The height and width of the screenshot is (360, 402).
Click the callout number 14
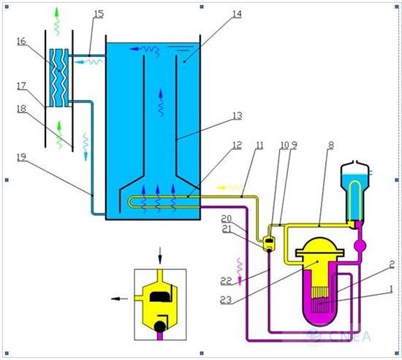[237, 15]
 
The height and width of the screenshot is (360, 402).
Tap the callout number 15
[99, 14]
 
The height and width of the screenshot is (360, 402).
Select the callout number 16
[21, 41]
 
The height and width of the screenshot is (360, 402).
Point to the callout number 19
[21, 157]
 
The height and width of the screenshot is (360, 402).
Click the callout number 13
[237, 116]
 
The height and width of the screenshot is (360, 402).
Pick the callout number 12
[237, 146]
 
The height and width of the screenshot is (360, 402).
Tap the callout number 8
[331, 146]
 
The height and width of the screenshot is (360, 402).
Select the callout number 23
[226, 300]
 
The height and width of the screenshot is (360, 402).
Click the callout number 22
[226, 281]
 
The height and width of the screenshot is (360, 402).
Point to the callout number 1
[391, 290]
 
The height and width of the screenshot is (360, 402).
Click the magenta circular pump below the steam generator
[360, 246]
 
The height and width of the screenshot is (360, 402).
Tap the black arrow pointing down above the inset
[160, 255]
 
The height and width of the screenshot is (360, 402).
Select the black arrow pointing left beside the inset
[119, 299]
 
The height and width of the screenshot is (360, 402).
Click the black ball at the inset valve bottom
[160, 326]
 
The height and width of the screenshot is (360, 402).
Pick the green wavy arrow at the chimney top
[57, 21]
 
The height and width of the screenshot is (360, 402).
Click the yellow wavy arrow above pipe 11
[230, 187]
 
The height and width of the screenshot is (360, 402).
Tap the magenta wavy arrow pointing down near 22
[240, 271]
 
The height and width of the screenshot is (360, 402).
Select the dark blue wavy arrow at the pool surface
[145, 50]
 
